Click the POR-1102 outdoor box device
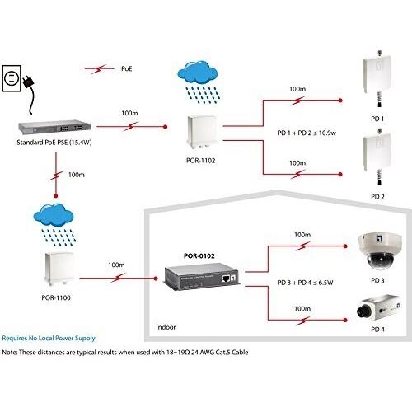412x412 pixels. click(201, 129)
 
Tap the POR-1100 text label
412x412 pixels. click(54, 298)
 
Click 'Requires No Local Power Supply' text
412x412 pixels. click(49, 338)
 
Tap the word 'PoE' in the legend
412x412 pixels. click(127, 70)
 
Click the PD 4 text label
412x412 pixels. click(377, 330)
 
